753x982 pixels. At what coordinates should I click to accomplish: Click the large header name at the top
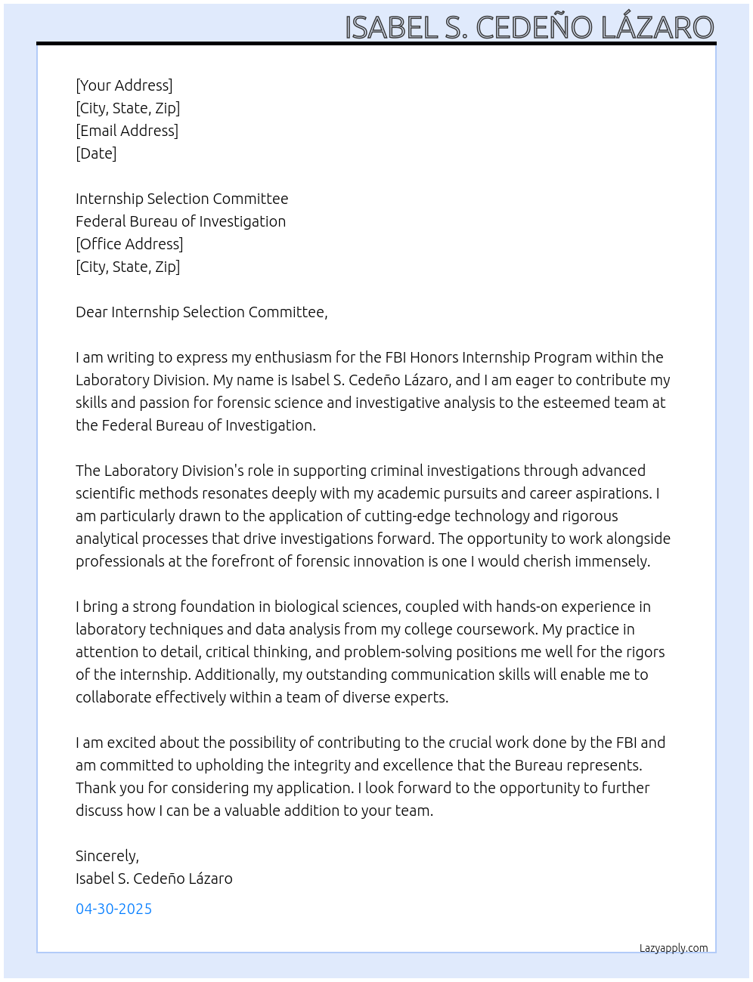click(529, 27)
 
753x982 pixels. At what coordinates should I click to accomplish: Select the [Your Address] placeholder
click(124, 85)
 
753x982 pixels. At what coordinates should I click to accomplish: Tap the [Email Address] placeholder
click(127, 131)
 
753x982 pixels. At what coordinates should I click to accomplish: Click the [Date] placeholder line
click(96, 153)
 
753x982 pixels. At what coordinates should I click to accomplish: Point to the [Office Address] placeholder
click(129, 244)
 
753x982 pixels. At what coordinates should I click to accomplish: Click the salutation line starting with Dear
click(202, 312)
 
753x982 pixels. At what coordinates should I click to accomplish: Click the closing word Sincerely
click(107, 856)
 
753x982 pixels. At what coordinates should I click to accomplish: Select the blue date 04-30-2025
click(114, 909)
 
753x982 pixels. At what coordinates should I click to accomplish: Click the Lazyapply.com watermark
click(674, 948)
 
